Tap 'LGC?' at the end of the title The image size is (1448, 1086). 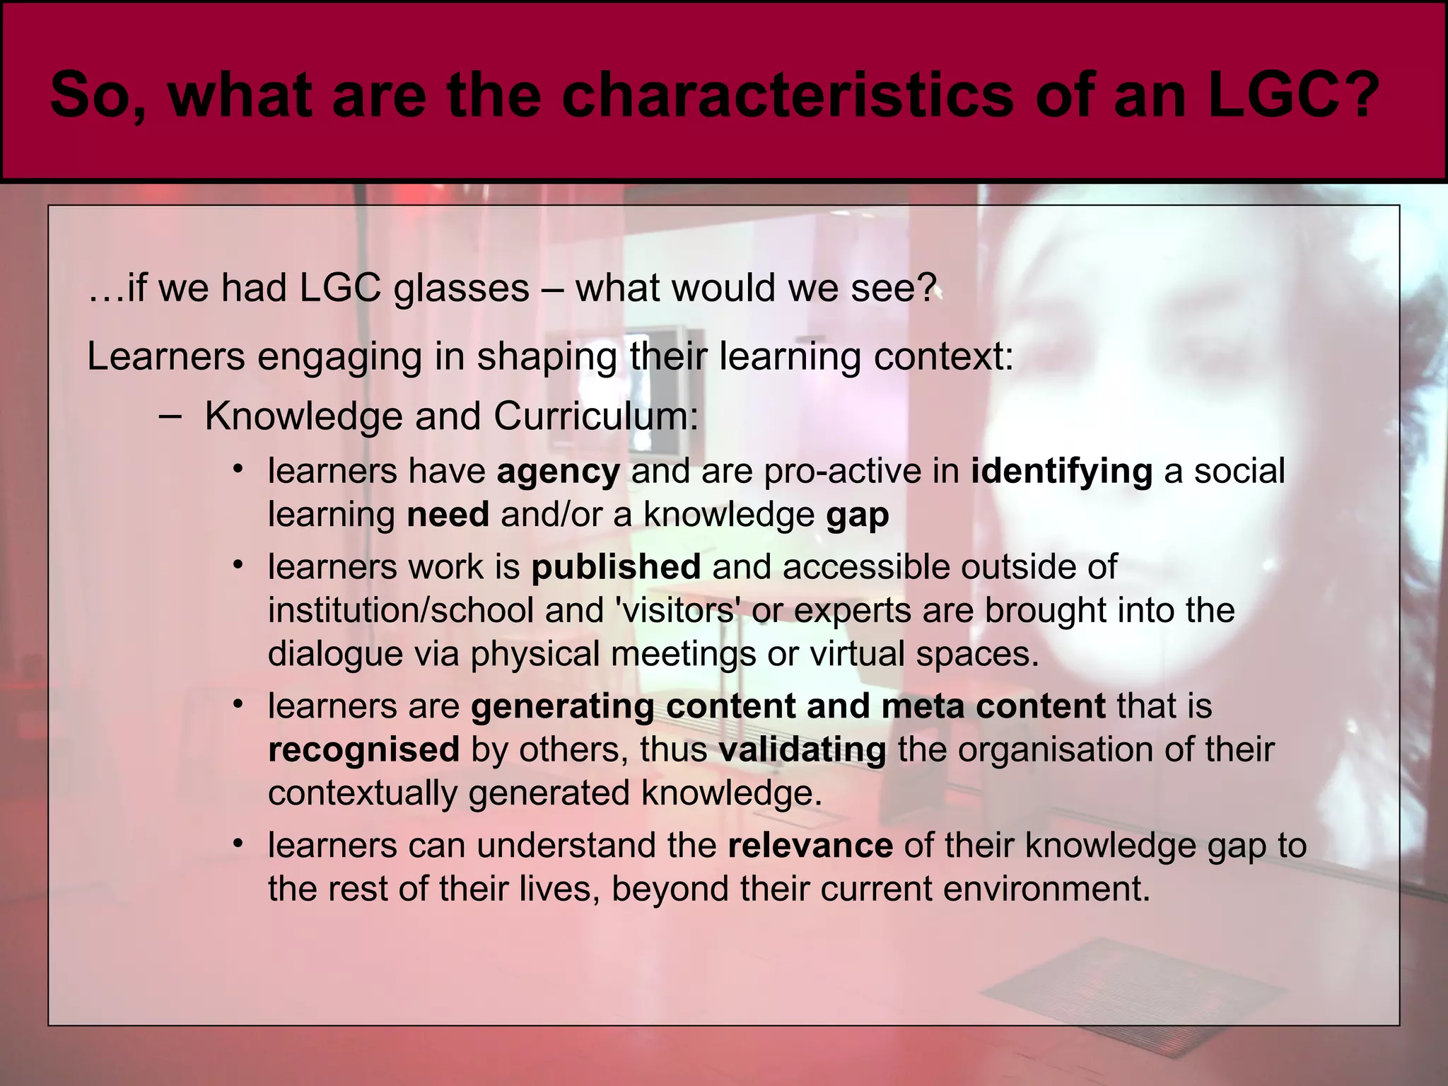[x=1293, y=95]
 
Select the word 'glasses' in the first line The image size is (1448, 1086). [x=461, y=288]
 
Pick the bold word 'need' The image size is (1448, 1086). [x=448, y=515]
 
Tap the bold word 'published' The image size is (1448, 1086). [x=615, y=567]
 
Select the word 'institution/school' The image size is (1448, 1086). [x=400, y=610]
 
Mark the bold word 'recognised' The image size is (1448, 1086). [x=363, y=749]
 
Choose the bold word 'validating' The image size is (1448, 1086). [x=802, y=749]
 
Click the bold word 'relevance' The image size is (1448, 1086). [x=810, y=846]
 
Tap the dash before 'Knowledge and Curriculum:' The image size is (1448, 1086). [x=169, y=416]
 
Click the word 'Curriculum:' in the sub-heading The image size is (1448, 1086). [x=595, y=416]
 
